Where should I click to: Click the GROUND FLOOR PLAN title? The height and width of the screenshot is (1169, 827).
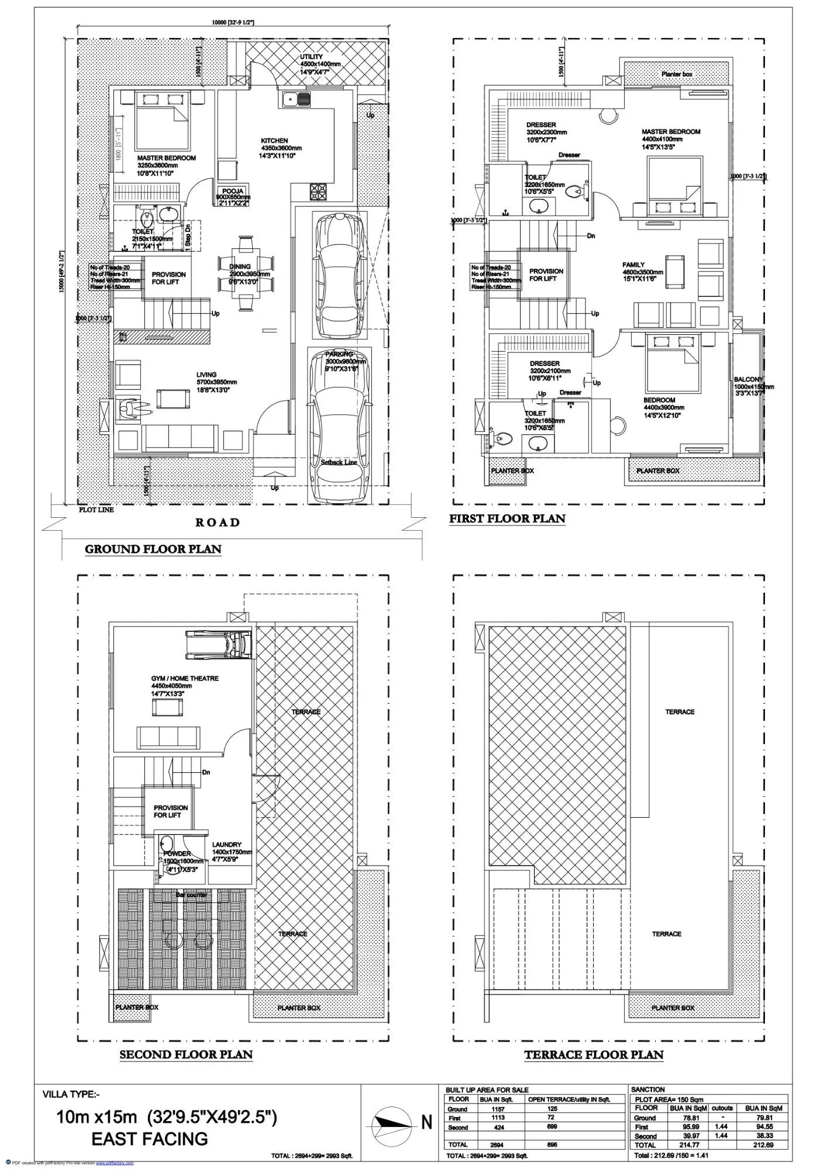coord(153,549)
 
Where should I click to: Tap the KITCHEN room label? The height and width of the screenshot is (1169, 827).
coord(274,141)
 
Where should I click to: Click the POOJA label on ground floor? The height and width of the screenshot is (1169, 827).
coord(233,192)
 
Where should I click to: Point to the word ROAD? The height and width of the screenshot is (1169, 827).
coord(218,522)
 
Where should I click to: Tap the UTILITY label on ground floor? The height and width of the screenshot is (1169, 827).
coord(311,57)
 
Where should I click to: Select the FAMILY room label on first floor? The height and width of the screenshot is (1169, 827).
coord(633,265)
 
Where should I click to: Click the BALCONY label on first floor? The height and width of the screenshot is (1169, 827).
coord(748,379)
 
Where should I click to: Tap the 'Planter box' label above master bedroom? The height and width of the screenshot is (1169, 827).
coord(677,74)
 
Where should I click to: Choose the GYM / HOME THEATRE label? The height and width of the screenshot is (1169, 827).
coord(185,678)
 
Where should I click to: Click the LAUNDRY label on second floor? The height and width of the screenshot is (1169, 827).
coord(226,845)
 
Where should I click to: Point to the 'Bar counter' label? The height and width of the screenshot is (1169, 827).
coord(192,895)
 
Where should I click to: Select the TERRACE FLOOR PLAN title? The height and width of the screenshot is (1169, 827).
coord(594,1055)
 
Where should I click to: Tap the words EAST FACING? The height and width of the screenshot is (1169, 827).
coord(150,1139)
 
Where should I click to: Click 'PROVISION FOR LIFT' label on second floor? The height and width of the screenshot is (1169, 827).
coord(170,811)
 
